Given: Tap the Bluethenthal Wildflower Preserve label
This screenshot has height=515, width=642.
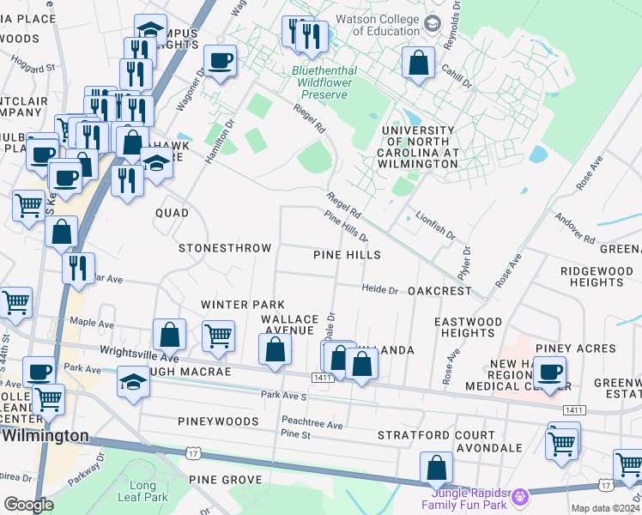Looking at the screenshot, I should (x=330, y=78).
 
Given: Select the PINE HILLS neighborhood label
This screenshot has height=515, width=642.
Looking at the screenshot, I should (x=346, y=255).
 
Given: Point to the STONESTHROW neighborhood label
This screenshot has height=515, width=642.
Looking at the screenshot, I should (x=224, y=248).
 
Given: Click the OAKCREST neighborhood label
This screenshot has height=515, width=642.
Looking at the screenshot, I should (x=439, y=291).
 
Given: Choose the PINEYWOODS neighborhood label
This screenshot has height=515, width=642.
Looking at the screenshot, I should (x=218, y=421).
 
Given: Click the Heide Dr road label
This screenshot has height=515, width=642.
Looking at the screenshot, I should (x=379, y=290).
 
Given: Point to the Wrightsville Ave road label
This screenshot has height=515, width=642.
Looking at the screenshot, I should (x=139, y=353).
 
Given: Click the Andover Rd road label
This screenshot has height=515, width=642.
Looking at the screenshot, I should (x=575, y=227).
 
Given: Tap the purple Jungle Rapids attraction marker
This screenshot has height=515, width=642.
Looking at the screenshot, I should (x=518, y=495).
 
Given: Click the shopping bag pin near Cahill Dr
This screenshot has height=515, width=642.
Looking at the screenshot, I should (x=417, y=63).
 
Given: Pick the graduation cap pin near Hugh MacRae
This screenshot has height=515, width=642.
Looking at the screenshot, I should (x=134, y=382).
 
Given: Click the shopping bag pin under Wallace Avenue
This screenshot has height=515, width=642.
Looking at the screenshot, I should (x=275, y=349).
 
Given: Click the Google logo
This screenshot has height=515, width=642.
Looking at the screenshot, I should (x=28, y=505).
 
